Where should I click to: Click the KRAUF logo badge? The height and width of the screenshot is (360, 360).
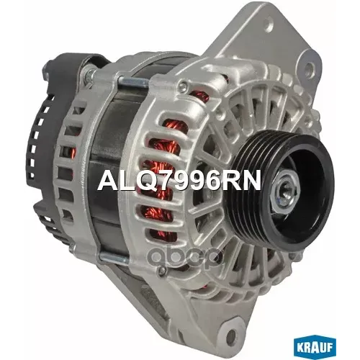tap(315, 346)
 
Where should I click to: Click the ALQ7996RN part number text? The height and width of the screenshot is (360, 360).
tap(179, 181)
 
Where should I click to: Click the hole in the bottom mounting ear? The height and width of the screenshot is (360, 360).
tap(231, 334)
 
